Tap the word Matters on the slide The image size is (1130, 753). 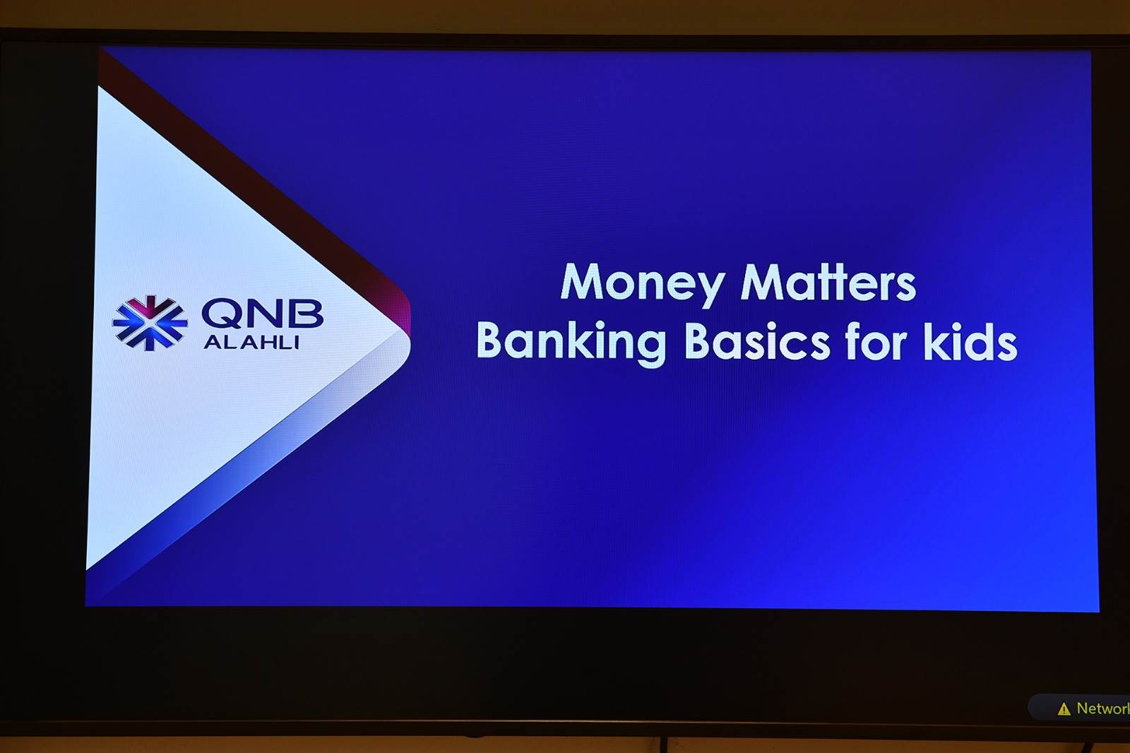point(828,283)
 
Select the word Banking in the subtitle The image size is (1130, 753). point(571,343)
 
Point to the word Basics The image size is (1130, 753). point(757,342)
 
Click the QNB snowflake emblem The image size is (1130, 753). point(150,323)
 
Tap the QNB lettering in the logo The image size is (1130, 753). point(262,314)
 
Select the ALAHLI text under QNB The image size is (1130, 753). point(251,343)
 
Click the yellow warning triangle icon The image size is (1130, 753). point(1064,709)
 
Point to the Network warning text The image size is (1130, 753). point(1102,708)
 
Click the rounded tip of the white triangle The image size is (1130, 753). point(406,337)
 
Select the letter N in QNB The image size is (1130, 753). point(262,313)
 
